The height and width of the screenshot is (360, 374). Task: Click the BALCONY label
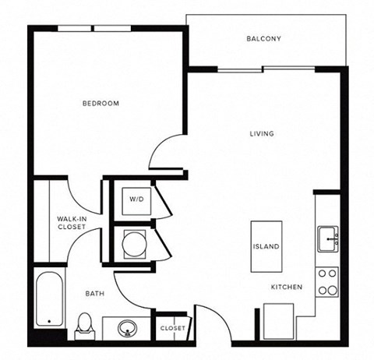pos(263,38)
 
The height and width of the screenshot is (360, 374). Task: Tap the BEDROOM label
pos(101,103)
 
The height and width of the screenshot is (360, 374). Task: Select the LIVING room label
pos(262,133)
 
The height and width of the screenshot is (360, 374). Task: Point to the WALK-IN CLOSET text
pos(71,224)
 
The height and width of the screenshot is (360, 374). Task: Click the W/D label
pos(136,199)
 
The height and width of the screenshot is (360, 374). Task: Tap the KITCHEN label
pos(286,288)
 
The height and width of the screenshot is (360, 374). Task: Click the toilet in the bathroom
pos(83,325)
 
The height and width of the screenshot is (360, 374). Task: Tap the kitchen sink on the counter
pos(326,236)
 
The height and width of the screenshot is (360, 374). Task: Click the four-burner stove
pos(327,281)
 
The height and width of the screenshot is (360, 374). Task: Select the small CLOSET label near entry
pos(171,328)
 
